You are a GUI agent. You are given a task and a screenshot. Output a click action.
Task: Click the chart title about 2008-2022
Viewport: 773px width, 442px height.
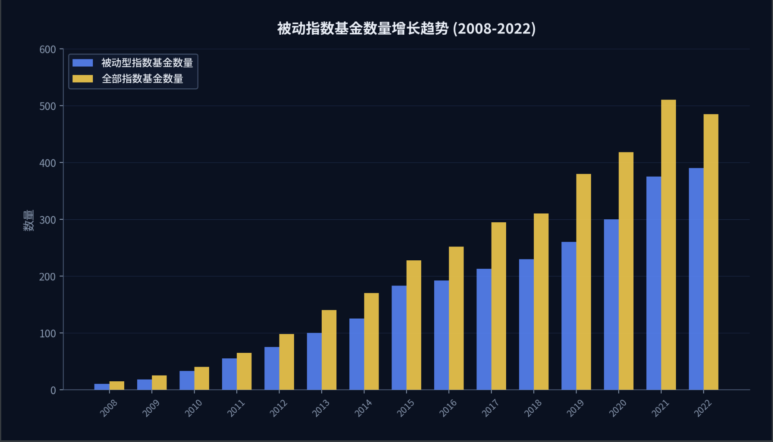pyautogui.click(x=406, y=28)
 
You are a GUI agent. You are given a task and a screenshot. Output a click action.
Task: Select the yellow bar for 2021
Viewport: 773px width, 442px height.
pyautogui.click(x=668, y=245)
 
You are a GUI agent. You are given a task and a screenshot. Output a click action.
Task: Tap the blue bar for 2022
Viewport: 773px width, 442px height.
pyautogui.click(x=696, y=279)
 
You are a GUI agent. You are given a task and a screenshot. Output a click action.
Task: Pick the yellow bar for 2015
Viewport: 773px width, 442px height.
pyautogui.click(x=414, y=325)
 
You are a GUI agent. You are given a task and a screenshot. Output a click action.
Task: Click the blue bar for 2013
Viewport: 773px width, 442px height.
pyautogui.click(x=314, y=361)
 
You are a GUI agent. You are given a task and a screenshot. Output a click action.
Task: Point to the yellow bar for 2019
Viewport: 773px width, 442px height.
pyautogui.click(x=584, y=282)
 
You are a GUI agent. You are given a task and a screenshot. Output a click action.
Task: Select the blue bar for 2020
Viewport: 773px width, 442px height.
pyautogui.click(x=611, y=305)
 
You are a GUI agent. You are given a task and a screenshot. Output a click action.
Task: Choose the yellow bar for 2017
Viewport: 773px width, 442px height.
pyautogui.click(x=499, y=306)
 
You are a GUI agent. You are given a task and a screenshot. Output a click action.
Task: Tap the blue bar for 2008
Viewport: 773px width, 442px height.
pyautogui.click(x=102, y=387)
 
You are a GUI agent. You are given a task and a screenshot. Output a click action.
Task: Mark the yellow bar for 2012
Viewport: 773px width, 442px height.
pyautogui.click(x=287, y=362)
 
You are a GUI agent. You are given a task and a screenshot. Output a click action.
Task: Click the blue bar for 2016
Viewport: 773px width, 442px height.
pyautogui.click(x=441, y=335)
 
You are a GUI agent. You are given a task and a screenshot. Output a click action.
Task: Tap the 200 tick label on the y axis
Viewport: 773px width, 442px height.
pyautogui.click(x=48, y=277)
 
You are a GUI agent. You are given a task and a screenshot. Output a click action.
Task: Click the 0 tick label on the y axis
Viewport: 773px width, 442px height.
pyautogui.click(x=53, y=391)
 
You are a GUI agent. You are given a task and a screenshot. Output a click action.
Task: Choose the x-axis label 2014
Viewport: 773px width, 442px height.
pyautogui.click(x=363, y=408)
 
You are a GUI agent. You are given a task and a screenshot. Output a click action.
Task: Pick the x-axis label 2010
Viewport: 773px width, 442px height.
pyautogui.click(x=193, y=408)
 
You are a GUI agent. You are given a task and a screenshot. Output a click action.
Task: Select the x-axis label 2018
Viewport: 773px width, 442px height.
pyautogui.click(x=533, y=408)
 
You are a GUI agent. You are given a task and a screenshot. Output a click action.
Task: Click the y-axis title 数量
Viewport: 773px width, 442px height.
pyautogui.click(x=28, y=220)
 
